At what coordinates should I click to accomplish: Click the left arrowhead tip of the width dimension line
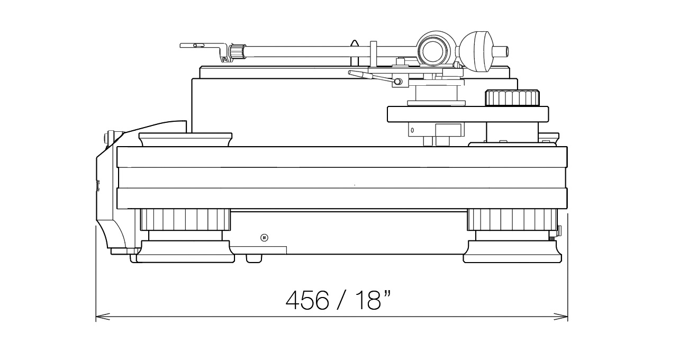click(96, 317)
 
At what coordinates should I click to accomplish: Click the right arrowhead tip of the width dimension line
click(567, 317)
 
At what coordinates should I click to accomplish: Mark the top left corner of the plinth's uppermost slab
click(117, 147)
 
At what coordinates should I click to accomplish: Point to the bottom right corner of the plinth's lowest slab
click(567, 209)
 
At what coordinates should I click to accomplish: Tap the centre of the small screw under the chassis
click(264, 238)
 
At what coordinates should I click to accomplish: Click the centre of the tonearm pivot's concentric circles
click(433, 51)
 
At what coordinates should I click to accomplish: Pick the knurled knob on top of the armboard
click(512, 98)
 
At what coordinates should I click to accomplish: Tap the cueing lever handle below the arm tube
click(373, 77)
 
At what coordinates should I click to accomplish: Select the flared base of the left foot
click(185, 251)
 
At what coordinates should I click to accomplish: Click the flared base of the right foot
click(512, 251)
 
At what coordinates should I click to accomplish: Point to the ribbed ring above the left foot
click(185, 219)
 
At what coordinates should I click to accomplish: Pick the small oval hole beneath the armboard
click(412, 130)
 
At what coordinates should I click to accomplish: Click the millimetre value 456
click(307, 300)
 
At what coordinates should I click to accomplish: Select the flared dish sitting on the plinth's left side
click(186, 139)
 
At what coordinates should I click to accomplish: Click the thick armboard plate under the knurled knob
click(468, 114)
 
